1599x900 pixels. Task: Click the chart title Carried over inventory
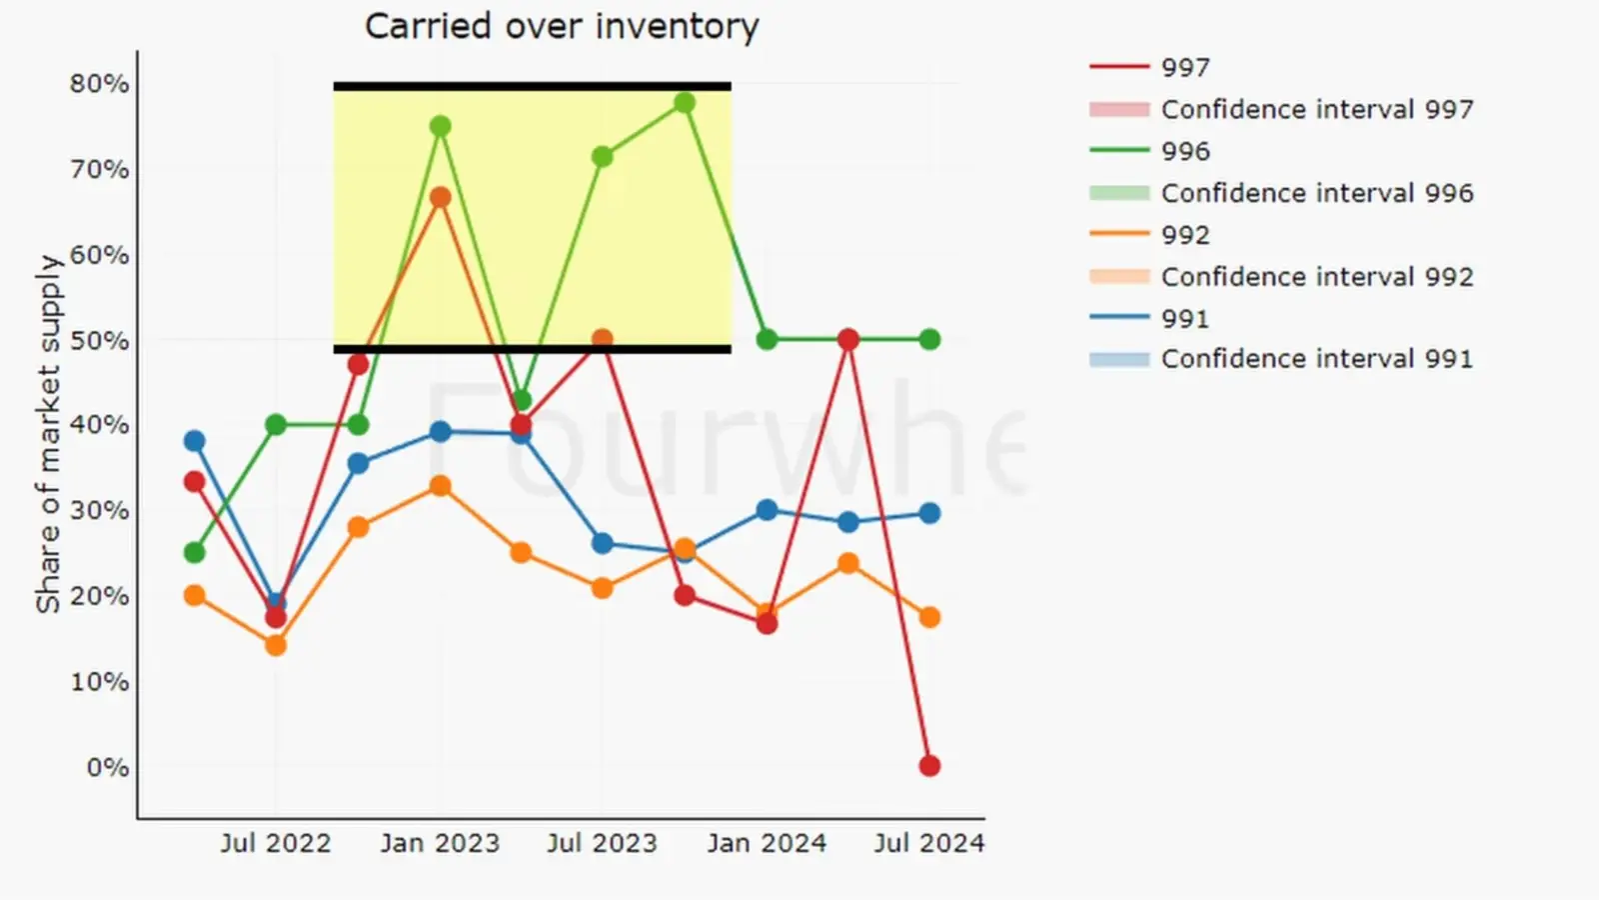[x=562, y=26]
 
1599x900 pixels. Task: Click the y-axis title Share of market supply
[x=48, y=433]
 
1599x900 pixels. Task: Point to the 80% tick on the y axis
[x=99, y=84]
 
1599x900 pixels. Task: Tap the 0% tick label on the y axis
[x=107, y=768]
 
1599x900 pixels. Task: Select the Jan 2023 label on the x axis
[x=440, y=844]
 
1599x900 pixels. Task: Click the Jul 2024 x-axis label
[x=929, y=844]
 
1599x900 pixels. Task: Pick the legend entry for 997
[x=1185, y=68]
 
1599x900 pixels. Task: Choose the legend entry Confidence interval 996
[x=1316, y=193]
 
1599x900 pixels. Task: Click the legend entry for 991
[x=1185, y=319]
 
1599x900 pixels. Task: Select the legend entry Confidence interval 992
[x=1316, y=277]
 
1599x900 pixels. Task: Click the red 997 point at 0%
[x=929, y=766]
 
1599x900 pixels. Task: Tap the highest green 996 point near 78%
[x=685, y=103]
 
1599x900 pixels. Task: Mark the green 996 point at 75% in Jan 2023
[x=440, y=126]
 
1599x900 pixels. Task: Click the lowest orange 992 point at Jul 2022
[x=276, y=646]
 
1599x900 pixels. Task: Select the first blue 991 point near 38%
[x=195, y=441]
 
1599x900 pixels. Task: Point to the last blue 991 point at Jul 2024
[x=929, y=513]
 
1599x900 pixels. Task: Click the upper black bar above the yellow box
[x=532, y=87]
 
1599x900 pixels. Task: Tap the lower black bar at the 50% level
[x=532, y=349]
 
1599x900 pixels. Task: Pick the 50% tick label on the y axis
[x=99, y=341]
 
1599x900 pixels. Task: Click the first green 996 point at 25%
[x=195, y=553]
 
